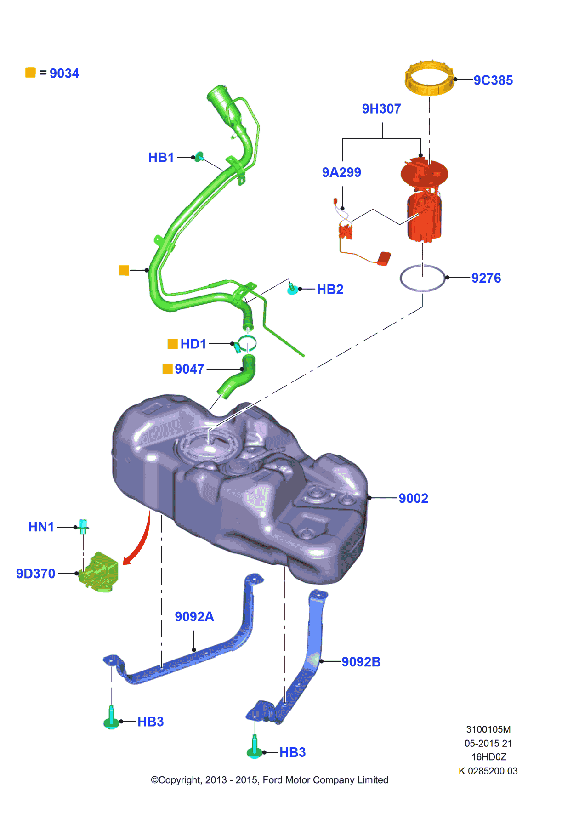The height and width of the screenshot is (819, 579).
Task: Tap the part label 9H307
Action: coord(381,109)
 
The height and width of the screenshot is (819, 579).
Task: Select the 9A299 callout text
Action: coord(341,172)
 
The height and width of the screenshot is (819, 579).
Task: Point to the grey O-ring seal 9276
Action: coord(422,278)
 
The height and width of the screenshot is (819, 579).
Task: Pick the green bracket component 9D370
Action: coord(100,572)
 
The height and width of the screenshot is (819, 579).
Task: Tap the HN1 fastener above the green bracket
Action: coord(83,526)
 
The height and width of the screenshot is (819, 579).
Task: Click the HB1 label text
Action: coord(161,158)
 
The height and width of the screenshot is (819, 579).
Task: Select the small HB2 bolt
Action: coord(292,289)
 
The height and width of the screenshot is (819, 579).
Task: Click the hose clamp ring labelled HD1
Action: coord(247,343)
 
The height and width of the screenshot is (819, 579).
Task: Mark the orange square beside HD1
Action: coord(172,344)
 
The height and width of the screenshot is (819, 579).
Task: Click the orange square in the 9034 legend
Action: coord(30,73)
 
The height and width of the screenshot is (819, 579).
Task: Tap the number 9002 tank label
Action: coord(413,498)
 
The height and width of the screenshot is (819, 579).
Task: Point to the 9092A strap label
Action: coord(194,617)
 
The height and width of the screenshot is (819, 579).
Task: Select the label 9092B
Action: coord(361,662)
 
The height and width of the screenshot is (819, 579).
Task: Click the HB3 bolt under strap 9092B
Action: coord(255,748)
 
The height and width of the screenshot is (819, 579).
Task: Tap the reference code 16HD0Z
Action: coord(488,757)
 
